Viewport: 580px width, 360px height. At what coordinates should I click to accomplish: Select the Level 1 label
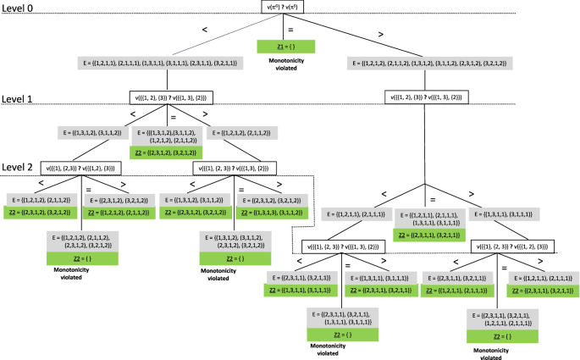pyautogui.click(x=20, y=98)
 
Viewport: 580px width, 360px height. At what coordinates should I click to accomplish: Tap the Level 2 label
pyautogui.click(x=20, y=168)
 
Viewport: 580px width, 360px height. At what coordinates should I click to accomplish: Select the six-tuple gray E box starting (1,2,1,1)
pyautogui.click(x=166, y=64)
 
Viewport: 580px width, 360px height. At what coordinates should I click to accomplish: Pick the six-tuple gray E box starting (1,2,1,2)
pyautogui.click(x=428, y=64)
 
